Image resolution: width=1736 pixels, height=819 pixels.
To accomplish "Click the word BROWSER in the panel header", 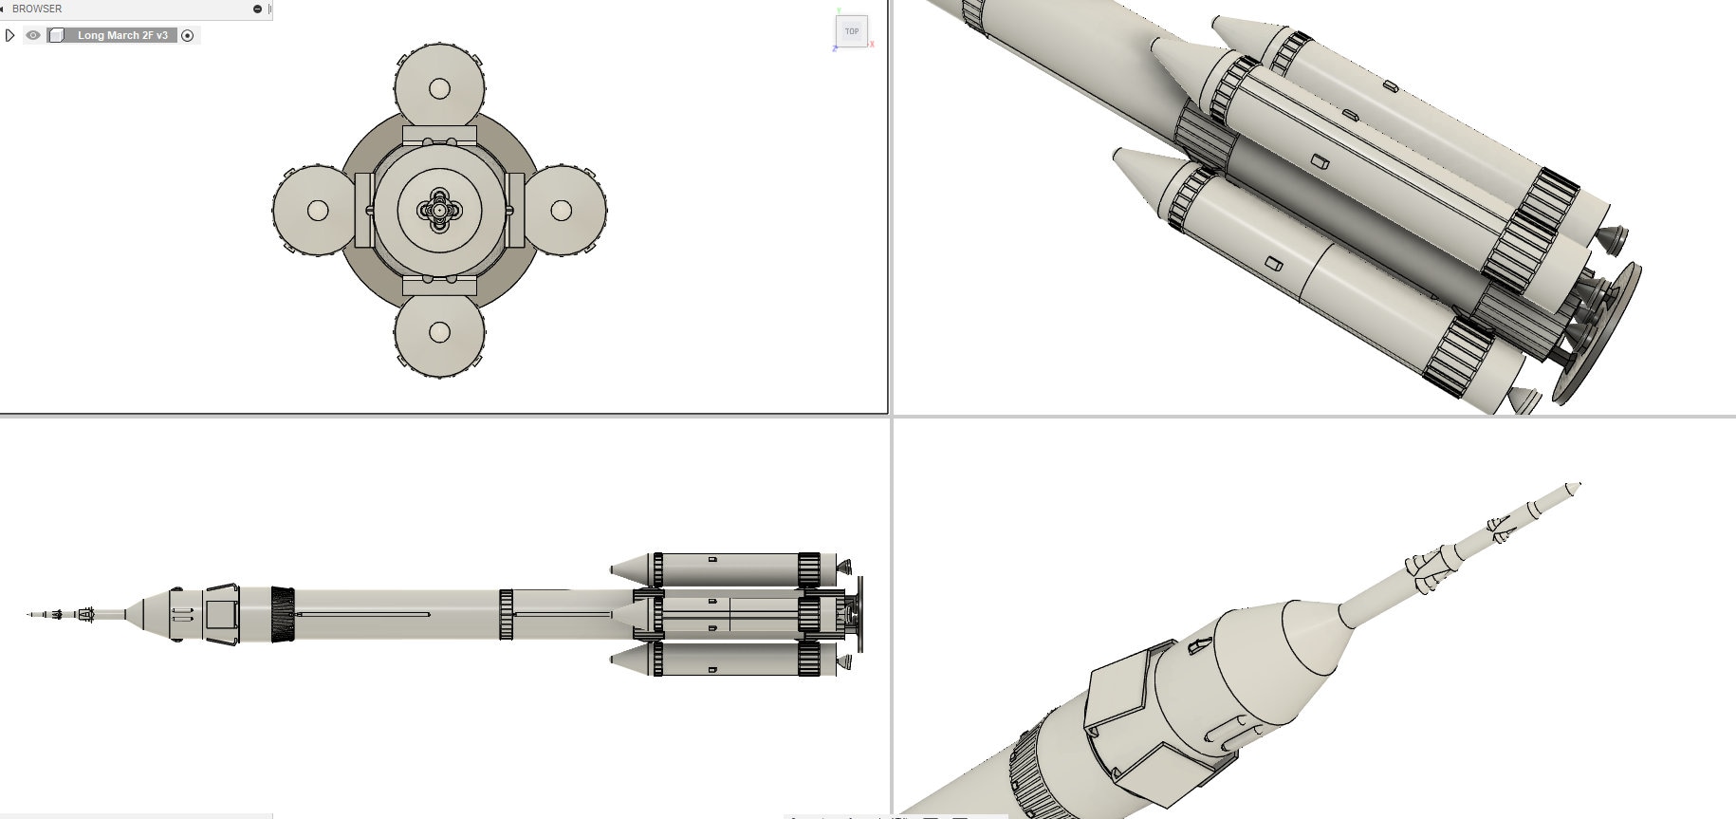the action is tap(37, 9).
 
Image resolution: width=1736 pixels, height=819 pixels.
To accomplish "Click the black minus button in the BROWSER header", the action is tap(257, 9).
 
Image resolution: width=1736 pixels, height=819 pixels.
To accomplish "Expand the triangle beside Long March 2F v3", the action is tap(10, 35).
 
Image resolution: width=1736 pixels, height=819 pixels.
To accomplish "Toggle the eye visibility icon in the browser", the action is tap(33, 35).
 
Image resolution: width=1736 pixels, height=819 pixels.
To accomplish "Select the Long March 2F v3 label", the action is tap(122, 35).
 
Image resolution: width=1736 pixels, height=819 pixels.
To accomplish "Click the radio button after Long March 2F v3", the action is tap(188, 35).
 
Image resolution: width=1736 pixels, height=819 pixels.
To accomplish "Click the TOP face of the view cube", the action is tap(852, 31).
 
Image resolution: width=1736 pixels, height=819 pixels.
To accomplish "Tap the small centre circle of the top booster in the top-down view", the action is tap(439, 88).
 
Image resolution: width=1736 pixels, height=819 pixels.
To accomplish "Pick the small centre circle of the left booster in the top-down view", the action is tap(318, 210).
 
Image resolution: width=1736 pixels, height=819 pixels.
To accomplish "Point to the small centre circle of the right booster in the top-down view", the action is tap(561, 210).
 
